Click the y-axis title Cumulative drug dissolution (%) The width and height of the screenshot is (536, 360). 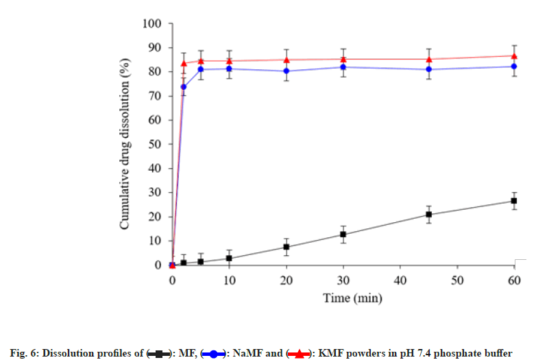tap(126, 145)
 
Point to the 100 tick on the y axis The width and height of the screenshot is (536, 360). tap(151, 24)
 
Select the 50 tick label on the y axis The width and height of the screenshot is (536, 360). tap(154, 145)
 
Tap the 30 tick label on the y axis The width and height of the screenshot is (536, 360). tap(154, 193)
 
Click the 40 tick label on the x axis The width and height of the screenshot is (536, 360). tap(400, 280)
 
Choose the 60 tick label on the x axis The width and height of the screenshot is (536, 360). tap(514, 280)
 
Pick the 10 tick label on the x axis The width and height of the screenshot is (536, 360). tap(229, 280)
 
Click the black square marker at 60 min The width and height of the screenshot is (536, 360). tap(514, 201)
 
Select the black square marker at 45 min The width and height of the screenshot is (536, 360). tap(428, 215)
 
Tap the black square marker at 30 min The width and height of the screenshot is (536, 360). tap(343, 235)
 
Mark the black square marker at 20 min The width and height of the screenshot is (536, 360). tap(286, 247)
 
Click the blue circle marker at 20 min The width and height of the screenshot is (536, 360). tap(286, 71)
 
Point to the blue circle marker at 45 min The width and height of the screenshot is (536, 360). tap(428, 69)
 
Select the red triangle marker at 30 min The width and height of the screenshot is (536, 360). tap(343, 59)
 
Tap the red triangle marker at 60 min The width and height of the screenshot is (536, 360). tap(514, 56)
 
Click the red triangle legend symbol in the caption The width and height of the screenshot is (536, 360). tap(299, 354)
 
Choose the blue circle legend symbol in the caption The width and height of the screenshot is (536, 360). tap(214, 354)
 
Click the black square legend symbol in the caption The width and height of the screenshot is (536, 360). tap(159, 354)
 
